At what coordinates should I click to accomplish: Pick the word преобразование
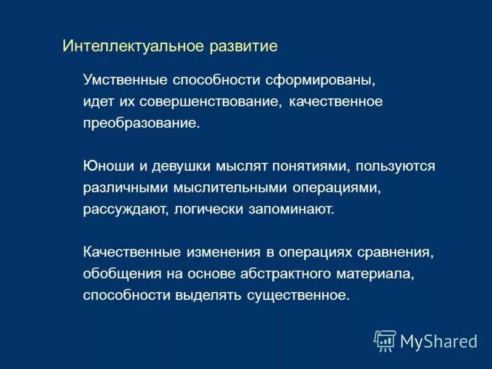pos(141,123)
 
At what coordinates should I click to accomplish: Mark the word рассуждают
pos(125,209)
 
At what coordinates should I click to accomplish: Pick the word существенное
pos(298,295)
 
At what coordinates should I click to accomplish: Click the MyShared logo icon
pos(385,340)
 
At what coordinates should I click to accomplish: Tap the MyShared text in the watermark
pos(438,341)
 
